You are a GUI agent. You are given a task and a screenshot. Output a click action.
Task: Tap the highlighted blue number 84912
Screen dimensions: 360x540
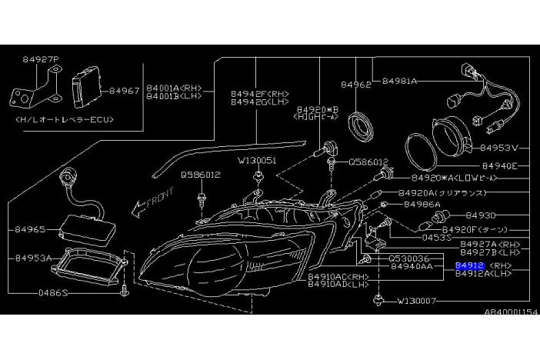click(469, 265)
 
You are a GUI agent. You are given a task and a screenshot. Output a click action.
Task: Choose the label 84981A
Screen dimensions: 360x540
click(399, 80)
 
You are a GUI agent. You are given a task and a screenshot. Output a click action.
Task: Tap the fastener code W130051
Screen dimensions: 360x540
click(256, 161)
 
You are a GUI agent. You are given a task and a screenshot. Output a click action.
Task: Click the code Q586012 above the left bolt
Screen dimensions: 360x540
click(201, 175)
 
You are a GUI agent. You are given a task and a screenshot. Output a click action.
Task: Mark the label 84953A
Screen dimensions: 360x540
click(33, 258)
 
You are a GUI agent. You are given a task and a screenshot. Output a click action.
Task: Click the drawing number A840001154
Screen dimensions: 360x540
click(508, 313)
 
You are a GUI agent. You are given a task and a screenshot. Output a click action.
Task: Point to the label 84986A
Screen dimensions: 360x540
click(422, 205)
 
